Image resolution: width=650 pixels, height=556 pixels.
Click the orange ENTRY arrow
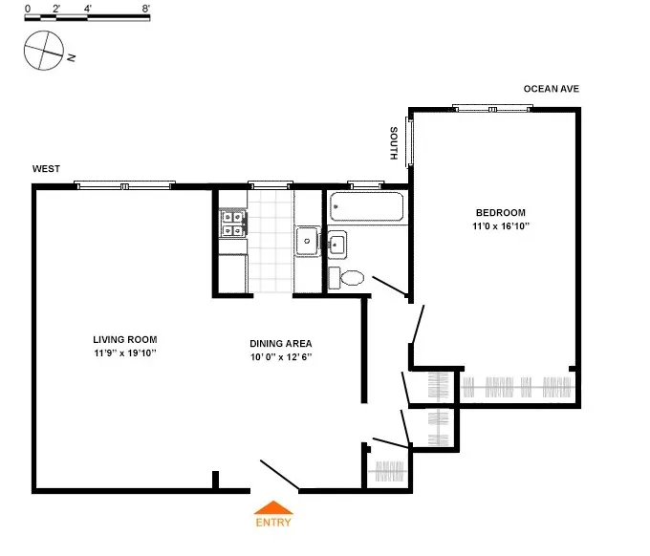(x=273, y=508)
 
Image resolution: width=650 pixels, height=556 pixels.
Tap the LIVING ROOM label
(x=124, y=339)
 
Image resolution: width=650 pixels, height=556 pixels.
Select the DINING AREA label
(x=280, y=344)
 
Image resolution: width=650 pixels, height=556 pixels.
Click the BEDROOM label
(x=500, y=212)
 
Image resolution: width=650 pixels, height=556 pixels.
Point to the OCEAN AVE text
(x=551, y=89)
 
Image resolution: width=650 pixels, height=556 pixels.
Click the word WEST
(x=46, y=169)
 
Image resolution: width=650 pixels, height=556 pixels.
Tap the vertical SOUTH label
(x=394, y=142)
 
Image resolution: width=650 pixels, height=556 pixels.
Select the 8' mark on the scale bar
(x=145, y=9)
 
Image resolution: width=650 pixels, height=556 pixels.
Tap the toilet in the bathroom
(x=349, y=278)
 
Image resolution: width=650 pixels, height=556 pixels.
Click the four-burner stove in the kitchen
(x=232, y=224)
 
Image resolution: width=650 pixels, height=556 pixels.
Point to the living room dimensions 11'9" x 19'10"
(x=124, y=353)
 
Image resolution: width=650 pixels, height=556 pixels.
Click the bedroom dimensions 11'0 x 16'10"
(x=500, y=226)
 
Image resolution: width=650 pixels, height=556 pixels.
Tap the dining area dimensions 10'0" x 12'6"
(x=280, y=357)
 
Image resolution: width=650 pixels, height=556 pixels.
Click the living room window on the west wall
(x=124, y=185)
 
